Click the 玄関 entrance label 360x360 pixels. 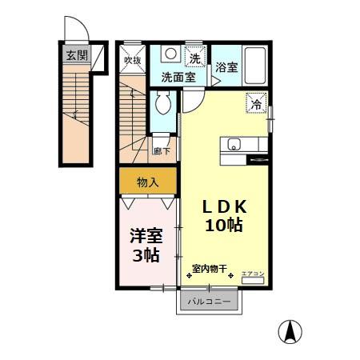click(x=77, y=55)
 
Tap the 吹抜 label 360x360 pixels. click(x=132, y=58)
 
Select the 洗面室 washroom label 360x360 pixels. click(x=178, y=78)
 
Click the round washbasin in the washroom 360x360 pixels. click(x=170, y=54)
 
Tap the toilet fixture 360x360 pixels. click(x=165, y=103)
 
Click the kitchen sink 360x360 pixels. click(x=234, y=145)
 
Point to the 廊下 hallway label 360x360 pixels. click(x=161, y=150)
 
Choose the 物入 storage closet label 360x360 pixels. click(x=148, y=182)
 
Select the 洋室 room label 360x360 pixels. click(x=146, y=237)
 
